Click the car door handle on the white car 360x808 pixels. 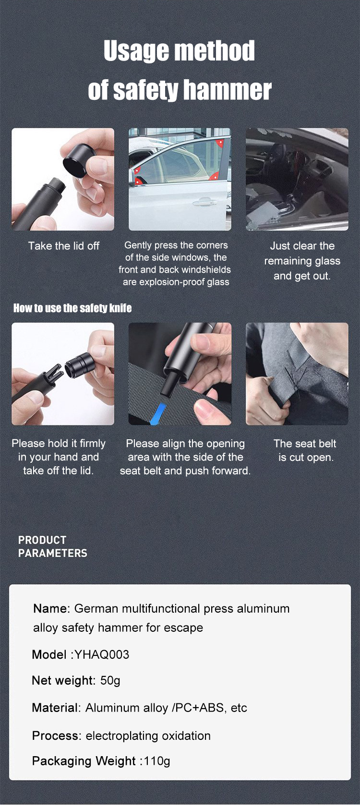tap(205, 202)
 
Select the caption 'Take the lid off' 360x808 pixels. tap(64, 246)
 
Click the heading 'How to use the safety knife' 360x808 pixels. tap(72, 308)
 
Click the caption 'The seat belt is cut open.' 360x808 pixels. tap(305, 450)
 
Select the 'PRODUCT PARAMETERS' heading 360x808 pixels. tap(53, 546)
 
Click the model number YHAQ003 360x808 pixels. tap(102, 654)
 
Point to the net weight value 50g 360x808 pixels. tap(110, 681)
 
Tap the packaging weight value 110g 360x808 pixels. tap(157, 761)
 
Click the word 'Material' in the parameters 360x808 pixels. tap(55, 707)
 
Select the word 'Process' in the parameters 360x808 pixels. tap(55, 736)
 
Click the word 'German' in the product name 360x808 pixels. tap(96, 609)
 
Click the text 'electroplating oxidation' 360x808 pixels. tap(148, 736)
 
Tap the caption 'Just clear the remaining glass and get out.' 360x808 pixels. tap(302, 261)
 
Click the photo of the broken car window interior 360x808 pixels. tap(297, 179)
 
